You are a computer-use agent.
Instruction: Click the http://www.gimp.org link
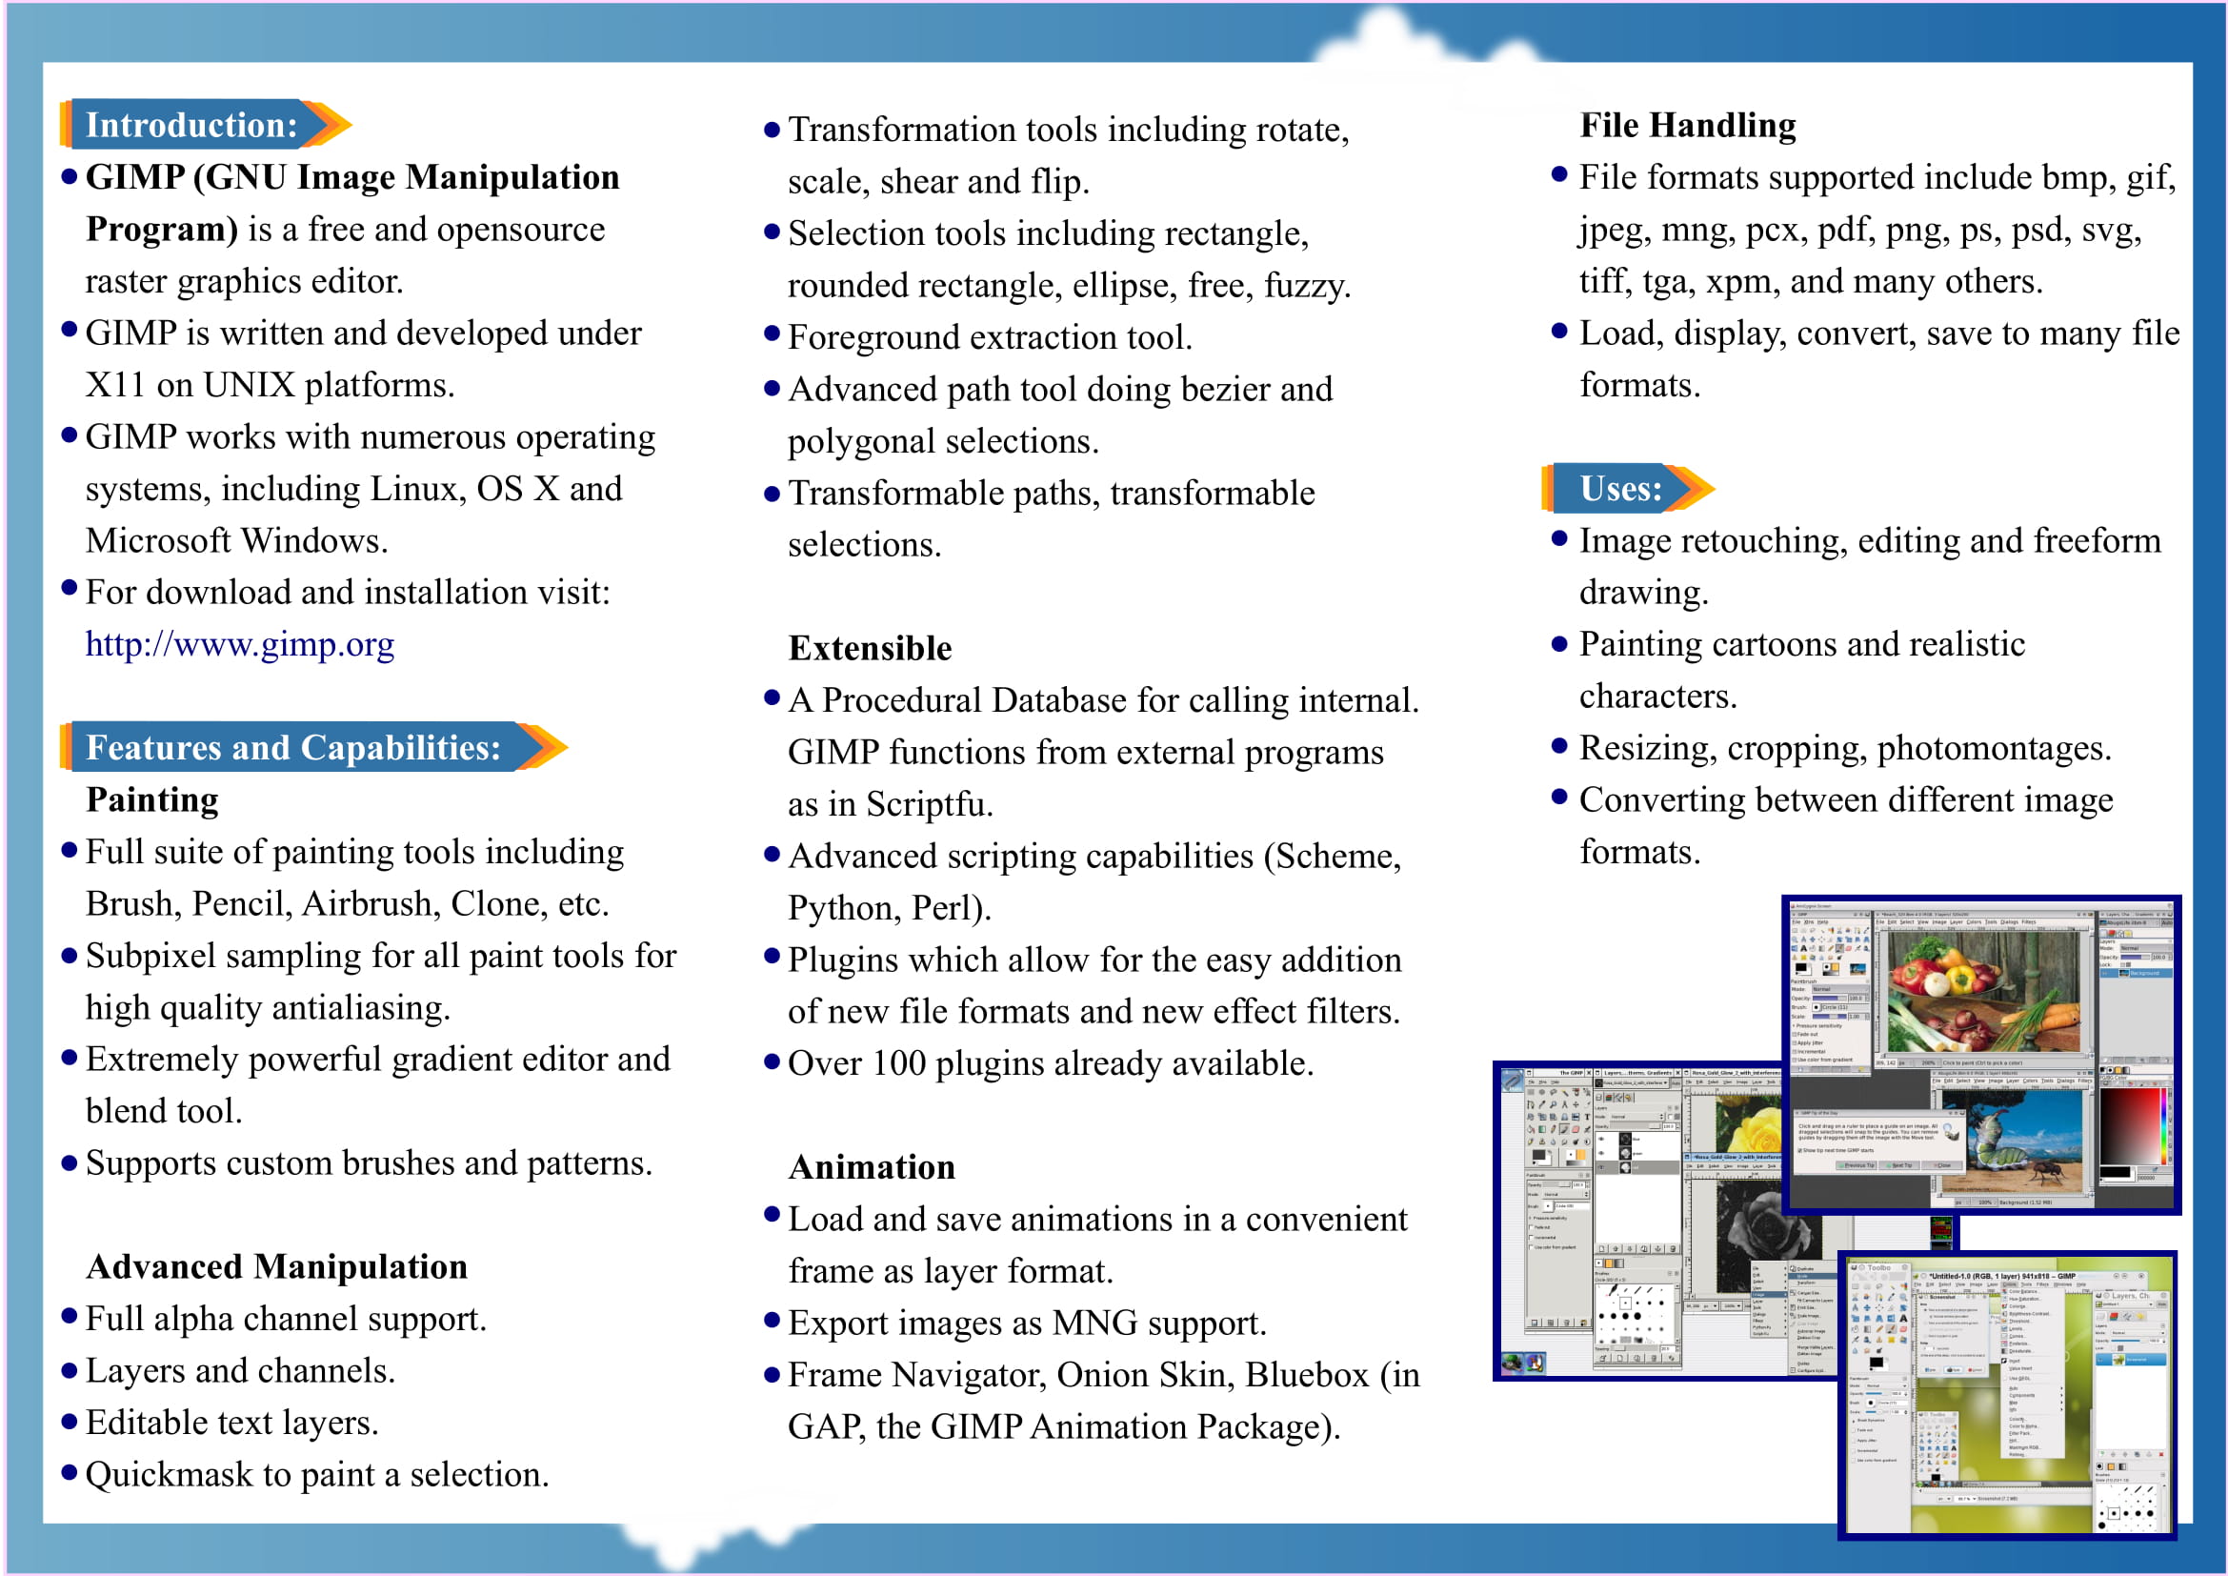(x=240, y=644)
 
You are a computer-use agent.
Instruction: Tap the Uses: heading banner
(x=1619, y=488)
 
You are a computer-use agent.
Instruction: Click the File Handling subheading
(x=1688, y=125)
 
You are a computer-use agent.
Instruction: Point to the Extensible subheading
(x=870, y=648)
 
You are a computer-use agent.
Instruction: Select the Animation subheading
(x=872, y=1166)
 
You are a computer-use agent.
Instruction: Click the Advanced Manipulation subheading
(x=276, y=1266)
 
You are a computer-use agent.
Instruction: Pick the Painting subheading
(x=152, y=799)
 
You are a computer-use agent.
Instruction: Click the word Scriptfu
(x=929, y=804)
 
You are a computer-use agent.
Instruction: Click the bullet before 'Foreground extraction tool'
(x=773, y=334)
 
